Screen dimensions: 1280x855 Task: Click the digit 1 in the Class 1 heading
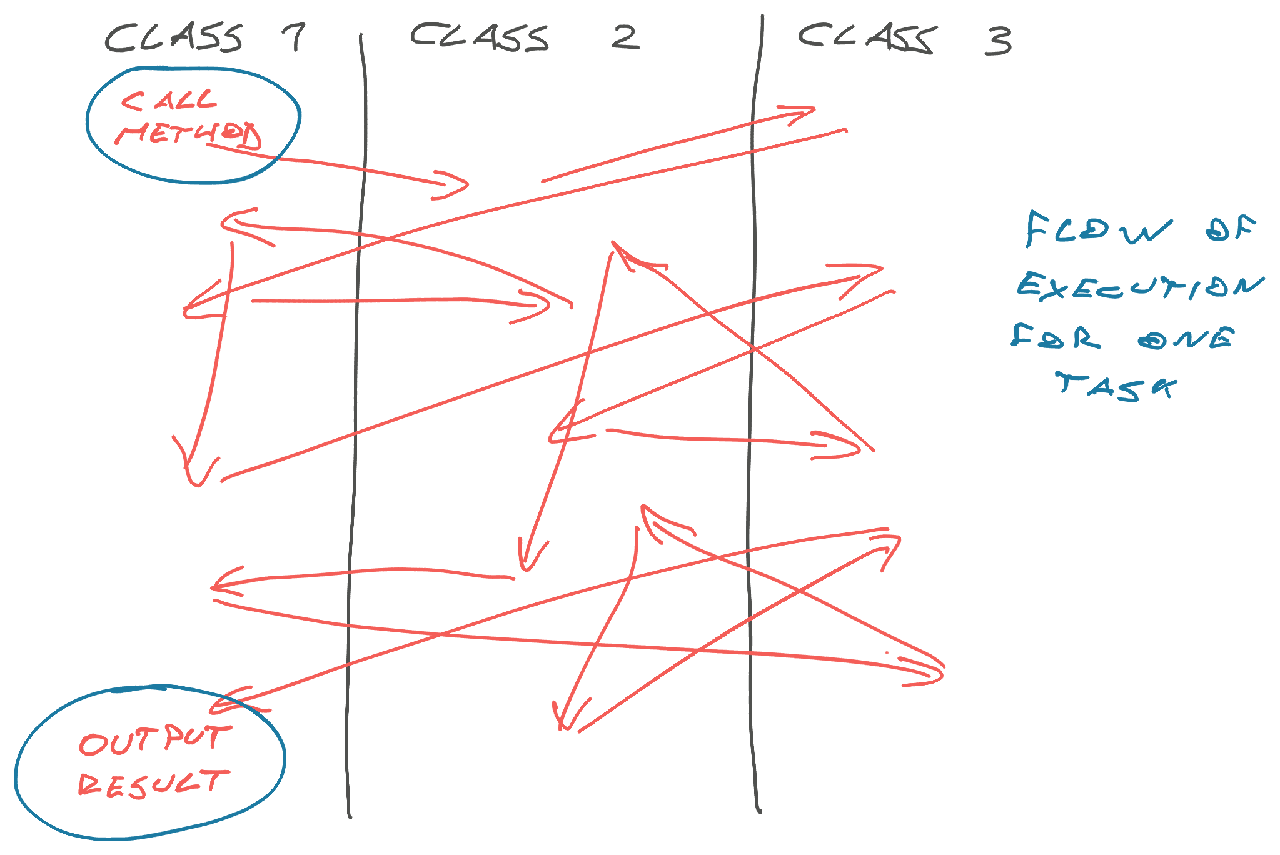(294, 37)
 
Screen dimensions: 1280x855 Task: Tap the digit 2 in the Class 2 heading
(625, 37)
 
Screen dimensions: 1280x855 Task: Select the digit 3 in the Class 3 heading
(999, 41)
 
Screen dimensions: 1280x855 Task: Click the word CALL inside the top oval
(169, 101)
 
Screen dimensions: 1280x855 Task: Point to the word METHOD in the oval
(188, 134)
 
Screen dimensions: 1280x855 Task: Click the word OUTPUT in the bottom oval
(155, 741)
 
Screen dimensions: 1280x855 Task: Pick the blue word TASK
(1116, 386)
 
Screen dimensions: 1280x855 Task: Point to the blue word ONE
(1186, 339)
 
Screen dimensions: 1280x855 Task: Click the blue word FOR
(1056, 337)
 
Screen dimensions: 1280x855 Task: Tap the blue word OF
(1231, 229)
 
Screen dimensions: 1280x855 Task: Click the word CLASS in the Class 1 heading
(173, 37)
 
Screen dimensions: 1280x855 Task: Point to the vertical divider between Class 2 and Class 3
(754, 412)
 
